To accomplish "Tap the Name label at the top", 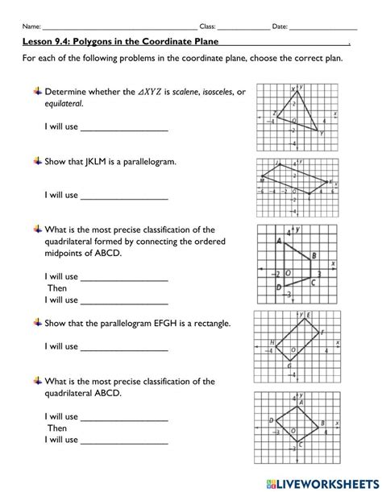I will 31,27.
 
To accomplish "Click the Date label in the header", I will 280,27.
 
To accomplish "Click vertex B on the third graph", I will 310,260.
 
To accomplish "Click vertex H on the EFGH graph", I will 277,346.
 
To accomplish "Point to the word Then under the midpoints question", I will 57,288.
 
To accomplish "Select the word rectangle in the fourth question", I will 211,324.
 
